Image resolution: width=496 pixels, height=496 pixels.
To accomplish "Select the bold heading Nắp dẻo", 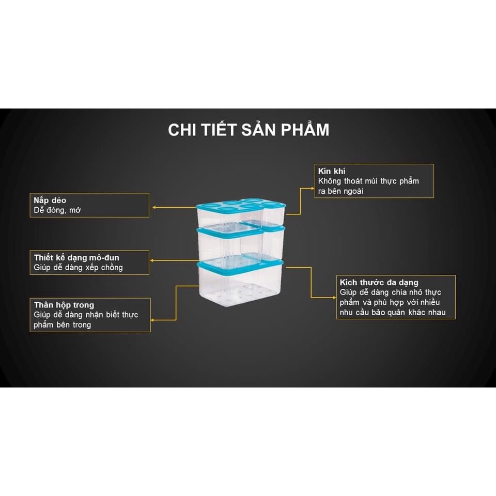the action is [x=50, y=200].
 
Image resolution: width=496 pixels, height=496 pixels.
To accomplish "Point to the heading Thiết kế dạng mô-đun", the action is [x=80, y=257].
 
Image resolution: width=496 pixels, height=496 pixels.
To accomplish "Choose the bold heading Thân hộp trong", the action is [x=64, y=305].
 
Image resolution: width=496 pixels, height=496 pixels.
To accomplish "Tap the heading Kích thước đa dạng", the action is [x=379, y=283].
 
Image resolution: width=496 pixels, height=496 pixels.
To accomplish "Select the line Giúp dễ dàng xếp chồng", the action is [x=79, y=267].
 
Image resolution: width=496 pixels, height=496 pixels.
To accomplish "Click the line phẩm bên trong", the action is [x=63, y=324].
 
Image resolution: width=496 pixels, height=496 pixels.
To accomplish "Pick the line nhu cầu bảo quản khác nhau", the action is [x=396, y=312].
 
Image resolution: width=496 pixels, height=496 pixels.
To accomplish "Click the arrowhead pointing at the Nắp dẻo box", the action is [x=154, y=208].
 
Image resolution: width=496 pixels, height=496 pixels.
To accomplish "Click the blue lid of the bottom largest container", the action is [x=240, y=264].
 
